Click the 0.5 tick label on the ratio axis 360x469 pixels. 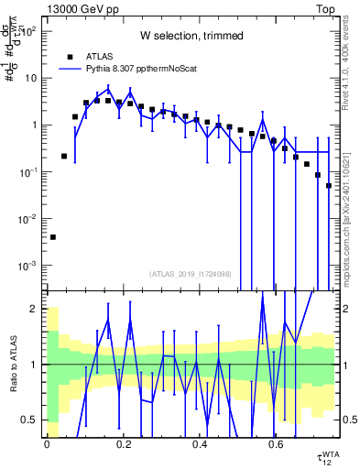[x=30, y=420]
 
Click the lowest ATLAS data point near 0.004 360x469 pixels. [x=52, y=237]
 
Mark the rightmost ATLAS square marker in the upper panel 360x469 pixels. [x=329, y=186]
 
